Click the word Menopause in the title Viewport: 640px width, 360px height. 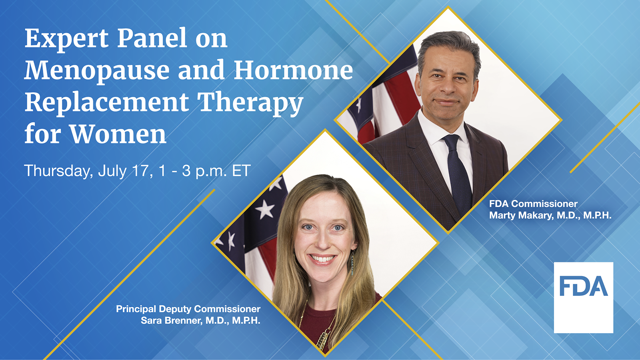(x=97, y=71)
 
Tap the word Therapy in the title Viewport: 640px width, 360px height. (x=250, y=102)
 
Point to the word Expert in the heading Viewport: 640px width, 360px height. (x=66, y=39)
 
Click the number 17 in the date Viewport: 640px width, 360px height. (x=140, y=171)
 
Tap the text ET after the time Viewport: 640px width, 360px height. (x=241, y=171)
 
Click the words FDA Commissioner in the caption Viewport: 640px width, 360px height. (x=533, y=204)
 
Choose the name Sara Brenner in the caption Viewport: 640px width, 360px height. (x=171, y=320)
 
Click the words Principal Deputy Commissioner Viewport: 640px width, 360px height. (x=188, y=309)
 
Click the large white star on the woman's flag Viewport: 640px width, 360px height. (x=264, y=209)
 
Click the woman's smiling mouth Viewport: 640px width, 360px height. (x=322, y=259)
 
